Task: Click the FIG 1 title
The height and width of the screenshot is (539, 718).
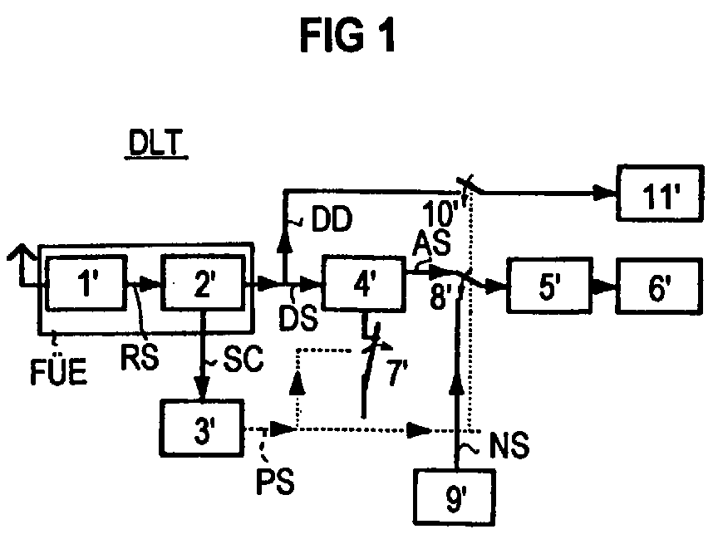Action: point(349,36)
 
